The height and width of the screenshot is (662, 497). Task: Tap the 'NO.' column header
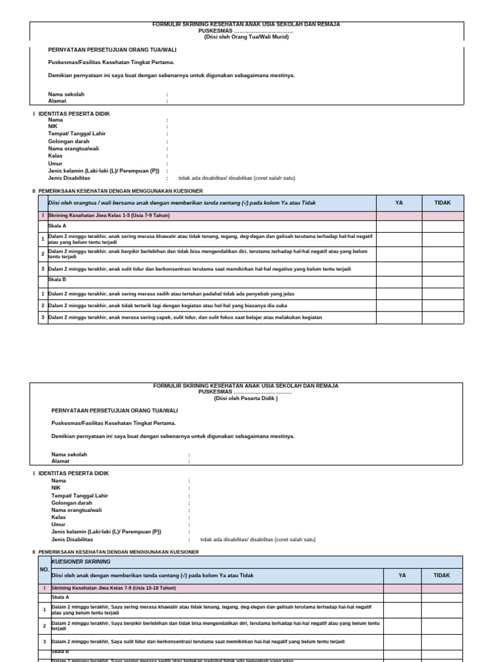44,569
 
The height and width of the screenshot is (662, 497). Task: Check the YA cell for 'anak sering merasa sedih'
399,294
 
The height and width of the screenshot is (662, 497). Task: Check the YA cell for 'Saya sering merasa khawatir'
402,610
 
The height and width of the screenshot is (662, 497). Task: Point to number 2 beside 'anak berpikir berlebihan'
43,253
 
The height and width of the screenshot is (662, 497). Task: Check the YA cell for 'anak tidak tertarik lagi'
399,305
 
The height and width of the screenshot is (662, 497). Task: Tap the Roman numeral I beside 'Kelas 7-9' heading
44,588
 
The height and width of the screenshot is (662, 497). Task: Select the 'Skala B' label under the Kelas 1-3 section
57,279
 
